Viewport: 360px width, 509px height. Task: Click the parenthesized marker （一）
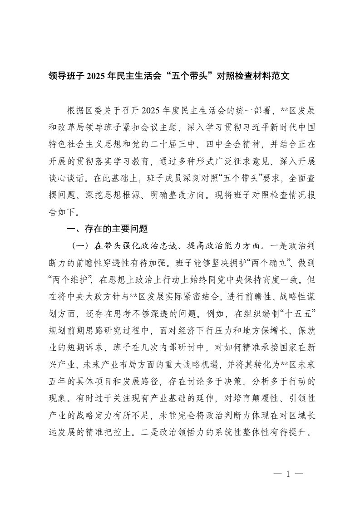click(x=81, y=246)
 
